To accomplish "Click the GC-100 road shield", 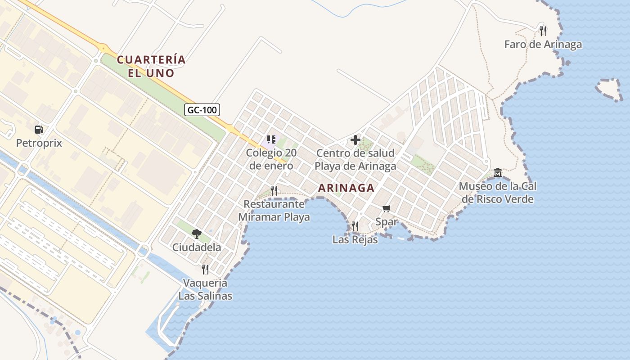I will point(202,109).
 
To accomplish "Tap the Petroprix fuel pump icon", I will point(39,130).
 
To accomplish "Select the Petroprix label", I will point(39,143).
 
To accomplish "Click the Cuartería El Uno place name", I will point(151,66).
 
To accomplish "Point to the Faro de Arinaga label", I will point(543,45).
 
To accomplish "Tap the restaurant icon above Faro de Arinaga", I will point(543,31).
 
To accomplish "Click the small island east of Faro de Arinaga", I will point(609,89).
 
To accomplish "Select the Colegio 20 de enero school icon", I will point(271,139).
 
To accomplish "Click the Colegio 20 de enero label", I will point(271,159).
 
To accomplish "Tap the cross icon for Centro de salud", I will point(355,140).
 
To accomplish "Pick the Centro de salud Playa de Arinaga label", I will point(355,159).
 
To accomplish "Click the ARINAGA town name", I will point(346,188).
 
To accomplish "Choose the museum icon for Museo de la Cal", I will point(497,173).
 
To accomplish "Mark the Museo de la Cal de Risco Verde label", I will point(497,193).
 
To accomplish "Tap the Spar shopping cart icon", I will point(386,208).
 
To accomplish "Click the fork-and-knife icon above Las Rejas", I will point(355,226).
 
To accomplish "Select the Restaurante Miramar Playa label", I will point(274,211).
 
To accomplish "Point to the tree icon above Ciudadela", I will point(196,234).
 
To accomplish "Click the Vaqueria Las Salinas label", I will point(205,289).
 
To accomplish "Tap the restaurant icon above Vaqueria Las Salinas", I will point(205,269).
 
